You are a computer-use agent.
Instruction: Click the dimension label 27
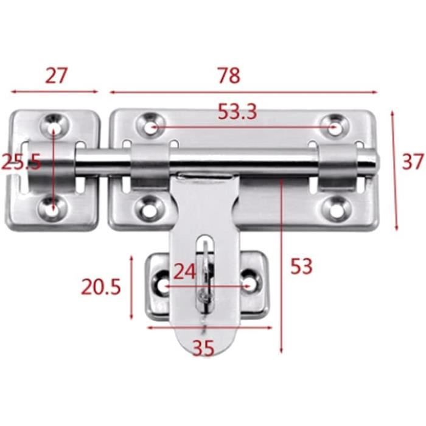pos(56,75)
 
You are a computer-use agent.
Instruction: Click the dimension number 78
pos(229,75)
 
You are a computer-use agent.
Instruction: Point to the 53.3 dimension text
pos(237,111)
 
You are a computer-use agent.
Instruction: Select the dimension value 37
pos(413,162)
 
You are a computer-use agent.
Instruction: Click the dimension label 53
pos(302,267)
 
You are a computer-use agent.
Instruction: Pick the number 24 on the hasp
pos(184,271)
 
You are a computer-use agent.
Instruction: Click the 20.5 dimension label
pos(101,287)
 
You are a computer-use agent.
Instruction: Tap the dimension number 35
pos(203,348)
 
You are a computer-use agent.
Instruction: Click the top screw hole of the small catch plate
pos(54,126)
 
